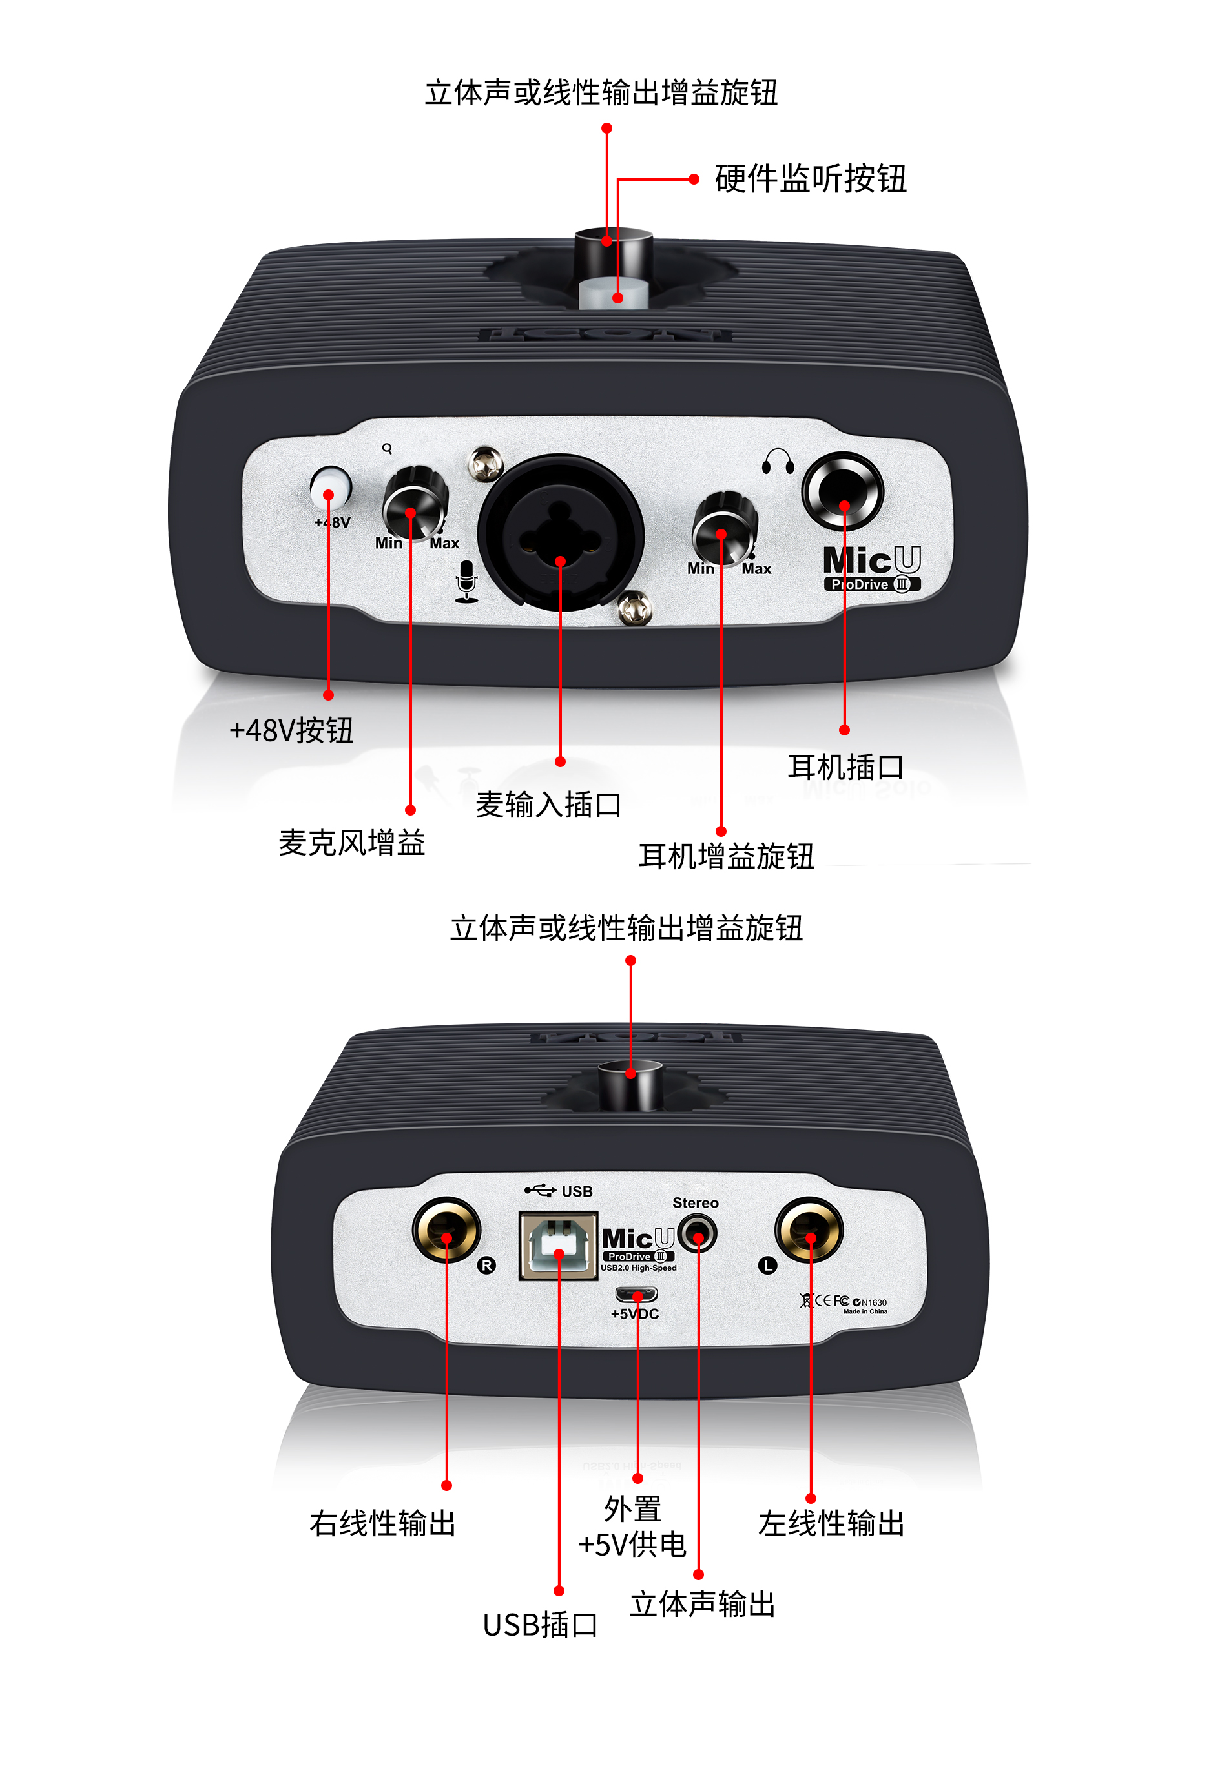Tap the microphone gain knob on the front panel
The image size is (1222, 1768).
413,505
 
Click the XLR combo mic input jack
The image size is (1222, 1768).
561,534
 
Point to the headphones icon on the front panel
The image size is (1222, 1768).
778,462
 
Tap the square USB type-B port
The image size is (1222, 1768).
558,1245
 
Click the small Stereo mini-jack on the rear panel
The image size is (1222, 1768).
697,1234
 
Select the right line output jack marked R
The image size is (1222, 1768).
446,1230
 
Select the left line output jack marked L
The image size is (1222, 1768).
809,1230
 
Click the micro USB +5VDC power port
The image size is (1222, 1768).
636,1294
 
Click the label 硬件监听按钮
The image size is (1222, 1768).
810,179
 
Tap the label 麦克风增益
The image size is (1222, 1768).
351,843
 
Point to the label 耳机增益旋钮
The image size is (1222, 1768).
726,856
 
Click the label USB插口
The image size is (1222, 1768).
540,1624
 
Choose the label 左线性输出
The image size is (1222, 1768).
831,1523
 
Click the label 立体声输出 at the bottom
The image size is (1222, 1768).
702,1603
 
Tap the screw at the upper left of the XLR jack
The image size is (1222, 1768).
486,462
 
